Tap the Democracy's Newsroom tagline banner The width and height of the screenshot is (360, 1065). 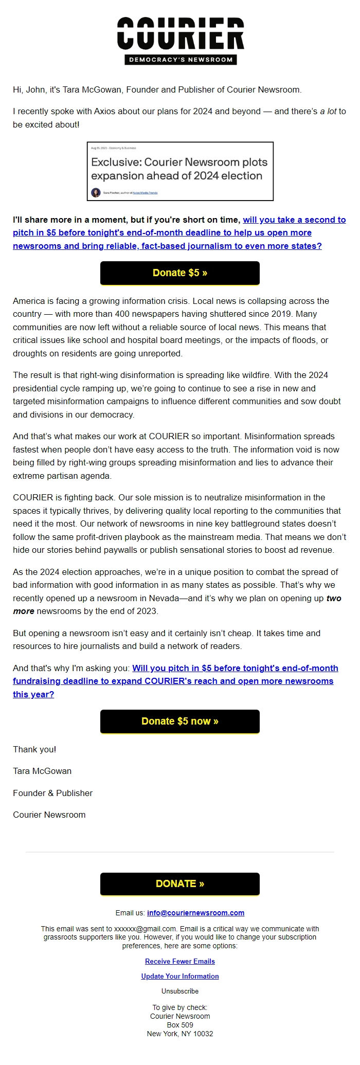click(180, 60)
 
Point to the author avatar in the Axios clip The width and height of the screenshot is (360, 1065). click(96, 193)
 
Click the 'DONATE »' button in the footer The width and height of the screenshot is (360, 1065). click(179, 883)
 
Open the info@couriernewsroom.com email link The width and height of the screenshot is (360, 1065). click(195, 913)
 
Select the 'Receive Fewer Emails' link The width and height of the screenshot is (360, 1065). click(179, 961)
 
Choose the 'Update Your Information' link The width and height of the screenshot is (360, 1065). click(179, 976)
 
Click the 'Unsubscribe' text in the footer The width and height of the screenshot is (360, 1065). click(179, 991)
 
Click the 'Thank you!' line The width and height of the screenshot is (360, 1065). click(34, 749)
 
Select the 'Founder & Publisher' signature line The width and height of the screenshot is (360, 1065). click(52, 793)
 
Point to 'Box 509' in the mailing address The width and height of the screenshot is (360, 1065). click(179, 1025)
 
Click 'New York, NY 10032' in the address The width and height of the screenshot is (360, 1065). click(179, 1034)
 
